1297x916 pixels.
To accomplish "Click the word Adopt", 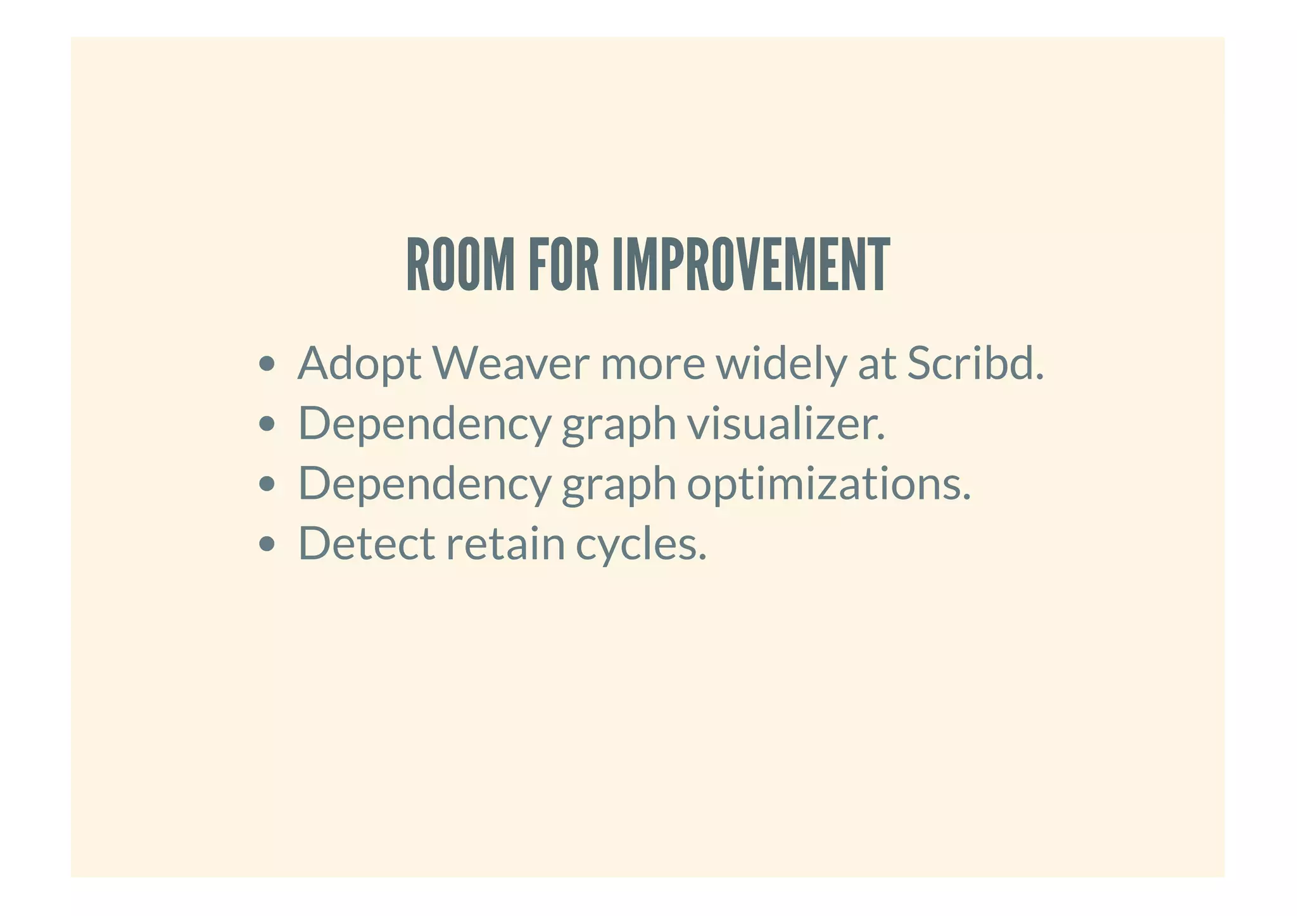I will pyautogui.click(x=359, y=365).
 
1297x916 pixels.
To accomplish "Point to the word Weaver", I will pyautogui.click(x=510, y=363).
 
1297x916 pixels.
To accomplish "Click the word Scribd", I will pyautogui.click(x=975, y=363).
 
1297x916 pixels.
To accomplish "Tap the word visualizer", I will pyautogui.click(x=786, y=423).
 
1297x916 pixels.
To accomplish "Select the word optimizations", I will pyautogui.click(x=828, y=484).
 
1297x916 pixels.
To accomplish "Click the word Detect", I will pyautogui.click(x=366, y=543).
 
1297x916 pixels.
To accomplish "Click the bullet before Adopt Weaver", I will pyautogui.click(x=267, y=365).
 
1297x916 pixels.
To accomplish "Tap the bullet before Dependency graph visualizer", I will pyautogui.click(x=267, y=424).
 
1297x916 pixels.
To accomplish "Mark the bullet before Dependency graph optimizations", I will pyautogui.click(x=267, y=484).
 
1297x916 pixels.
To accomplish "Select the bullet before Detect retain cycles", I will pyautogui.click(x=267, y=544).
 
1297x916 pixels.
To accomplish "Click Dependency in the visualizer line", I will pyautogui.click(x=424, y=425).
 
